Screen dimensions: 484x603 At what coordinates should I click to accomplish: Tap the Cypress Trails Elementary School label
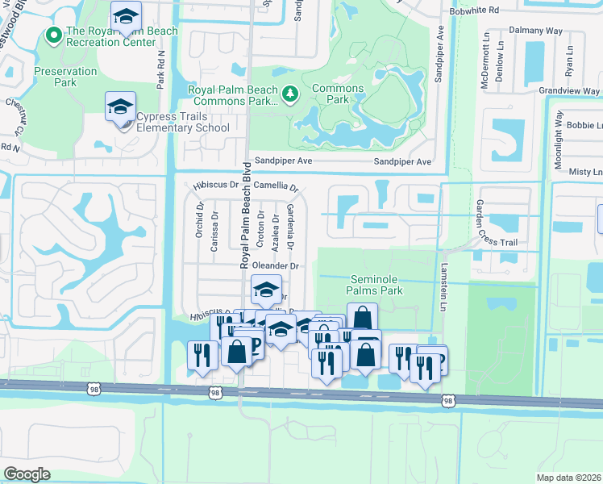pos(183,122)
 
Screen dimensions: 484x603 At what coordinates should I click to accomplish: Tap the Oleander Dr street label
pos(276,266)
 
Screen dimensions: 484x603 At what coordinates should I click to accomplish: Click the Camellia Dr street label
pos(276,186)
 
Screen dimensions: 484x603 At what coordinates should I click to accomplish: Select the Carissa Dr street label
pos(214,232)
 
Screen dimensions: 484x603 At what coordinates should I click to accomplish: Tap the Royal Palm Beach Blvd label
pos(243,215)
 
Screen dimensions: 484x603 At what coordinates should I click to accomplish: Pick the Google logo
pos(27,474)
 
